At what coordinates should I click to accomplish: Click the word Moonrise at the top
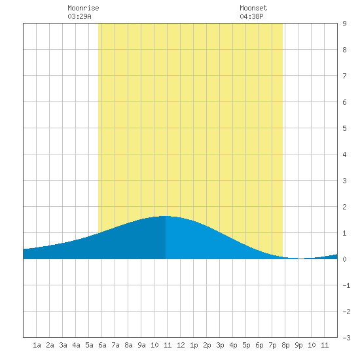(83, 8)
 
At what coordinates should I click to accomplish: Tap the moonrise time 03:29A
(79, 16)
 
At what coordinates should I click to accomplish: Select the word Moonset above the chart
(253, 8)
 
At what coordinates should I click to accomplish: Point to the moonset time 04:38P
(251, 16)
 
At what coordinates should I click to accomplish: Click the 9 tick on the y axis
(344, 24)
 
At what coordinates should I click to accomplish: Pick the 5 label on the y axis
(344, 128)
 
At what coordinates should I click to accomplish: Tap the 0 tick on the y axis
(344, 259)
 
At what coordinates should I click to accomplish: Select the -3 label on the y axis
(346, 338)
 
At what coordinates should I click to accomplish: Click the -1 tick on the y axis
(346, 285)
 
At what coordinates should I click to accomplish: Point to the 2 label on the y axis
(344, 207)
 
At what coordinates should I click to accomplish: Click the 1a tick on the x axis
(37, 345)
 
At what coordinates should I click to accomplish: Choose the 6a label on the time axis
(102, 345)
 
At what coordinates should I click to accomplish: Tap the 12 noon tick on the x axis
(181, 345)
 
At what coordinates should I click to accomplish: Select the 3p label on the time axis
(220, 345)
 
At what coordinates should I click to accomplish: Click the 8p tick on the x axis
(285, 345)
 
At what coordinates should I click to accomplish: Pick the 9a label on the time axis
(141, 345)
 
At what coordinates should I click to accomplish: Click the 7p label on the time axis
(272, 345)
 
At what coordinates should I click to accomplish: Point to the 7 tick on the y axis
(344, 76)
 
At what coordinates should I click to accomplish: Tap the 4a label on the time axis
(76, 345)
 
